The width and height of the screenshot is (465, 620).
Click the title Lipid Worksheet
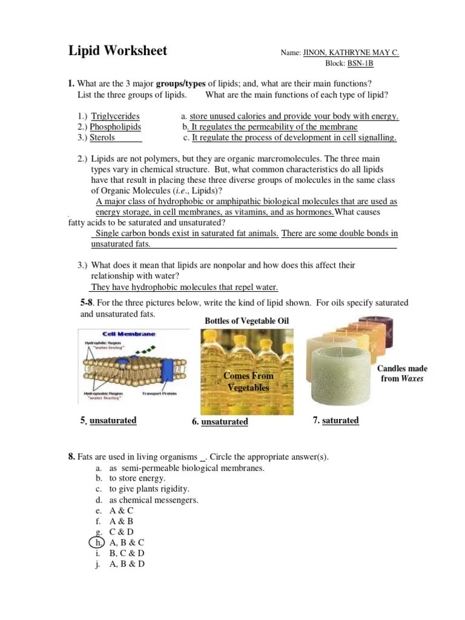[117, 51]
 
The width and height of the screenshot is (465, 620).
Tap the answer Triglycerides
[115, 116]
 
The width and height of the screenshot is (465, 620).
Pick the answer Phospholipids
[115, 127]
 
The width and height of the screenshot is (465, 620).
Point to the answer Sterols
[102, 138]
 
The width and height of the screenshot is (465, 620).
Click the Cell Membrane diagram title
[128, 334]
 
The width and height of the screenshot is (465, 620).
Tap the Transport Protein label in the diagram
[159, 394]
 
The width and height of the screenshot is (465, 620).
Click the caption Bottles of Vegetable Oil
[247, 320]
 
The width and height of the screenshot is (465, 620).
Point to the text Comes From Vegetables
[248, 381]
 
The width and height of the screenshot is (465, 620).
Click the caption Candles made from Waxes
[402, 374]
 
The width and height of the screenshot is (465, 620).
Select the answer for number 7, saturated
[340, 420]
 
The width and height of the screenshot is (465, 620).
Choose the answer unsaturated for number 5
[113, 420]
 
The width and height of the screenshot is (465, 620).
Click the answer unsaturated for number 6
[224, 421]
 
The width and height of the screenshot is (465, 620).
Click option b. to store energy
[137, 478]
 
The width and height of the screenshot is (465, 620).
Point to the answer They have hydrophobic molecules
[184, 287]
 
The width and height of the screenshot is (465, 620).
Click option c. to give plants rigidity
[149, 489]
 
